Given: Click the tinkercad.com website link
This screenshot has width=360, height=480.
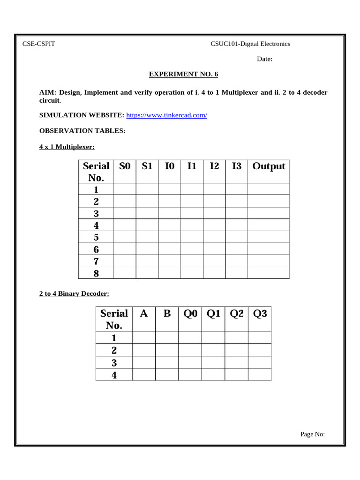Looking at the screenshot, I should pos(166,115).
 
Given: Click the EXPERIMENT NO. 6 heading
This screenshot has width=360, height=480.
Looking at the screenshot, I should pos(183,74).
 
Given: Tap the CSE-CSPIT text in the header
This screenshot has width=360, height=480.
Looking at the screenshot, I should pos(39,44).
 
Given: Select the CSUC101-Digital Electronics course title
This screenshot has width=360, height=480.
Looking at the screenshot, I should pos(250,44).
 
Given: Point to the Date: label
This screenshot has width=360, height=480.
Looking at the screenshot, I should pos(264,59).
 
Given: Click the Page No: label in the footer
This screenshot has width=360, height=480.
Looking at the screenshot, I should pos(312,434).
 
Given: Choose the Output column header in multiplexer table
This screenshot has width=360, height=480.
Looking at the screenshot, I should pos(269,166).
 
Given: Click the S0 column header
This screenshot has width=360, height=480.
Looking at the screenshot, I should pos(125,166).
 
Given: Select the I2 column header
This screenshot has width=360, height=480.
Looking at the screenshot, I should pos(214,166).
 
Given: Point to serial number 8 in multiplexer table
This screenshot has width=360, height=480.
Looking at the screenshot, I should pos(96,273).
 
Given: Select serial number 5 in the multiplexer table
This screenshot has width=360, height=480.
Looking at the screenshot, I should pos(96,237).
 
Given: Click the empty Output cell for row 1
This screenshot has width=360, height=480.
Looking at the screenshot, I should pos(269,189).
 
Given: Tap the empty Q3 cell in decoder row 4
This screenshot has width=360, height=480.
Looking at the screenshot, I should pos(260,374).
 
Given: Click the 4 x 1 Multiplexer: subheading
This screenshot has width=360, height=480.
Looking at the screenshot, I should pos(67,147).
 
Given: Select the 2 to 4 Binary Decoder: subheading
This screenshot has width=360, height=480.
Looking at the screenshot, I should pos(74,294).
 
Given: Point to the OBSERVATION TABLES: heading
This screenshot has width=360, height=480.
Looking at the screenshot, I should pos(82,131).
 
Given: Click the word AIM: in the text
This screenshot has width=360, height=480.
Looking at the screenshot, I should pos(47,92).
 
